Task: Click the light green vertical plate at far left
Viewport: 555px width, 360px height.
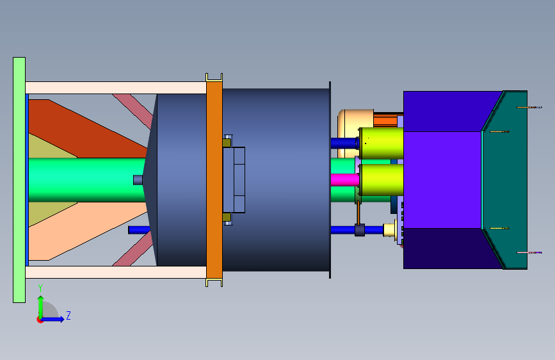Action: click(19, 180)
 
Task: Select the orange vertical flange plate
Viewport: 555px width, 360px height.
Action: click(214, 180)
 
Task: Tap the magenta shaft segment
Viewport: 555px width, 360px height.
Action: click(345, 179)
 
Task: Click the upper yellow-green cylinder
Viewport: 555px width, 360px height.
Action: click(382, 143)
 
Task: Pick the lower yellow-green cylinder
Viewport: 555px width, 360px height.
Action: click(382, 179)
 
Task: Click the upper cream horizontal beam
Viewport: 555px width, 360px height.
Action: click(116, 88)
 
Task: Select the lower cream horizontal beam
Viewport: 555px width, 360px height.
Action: click(116, 272)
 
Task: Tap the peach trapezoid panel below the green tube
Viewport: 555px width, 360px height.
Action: click(85, 231)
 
